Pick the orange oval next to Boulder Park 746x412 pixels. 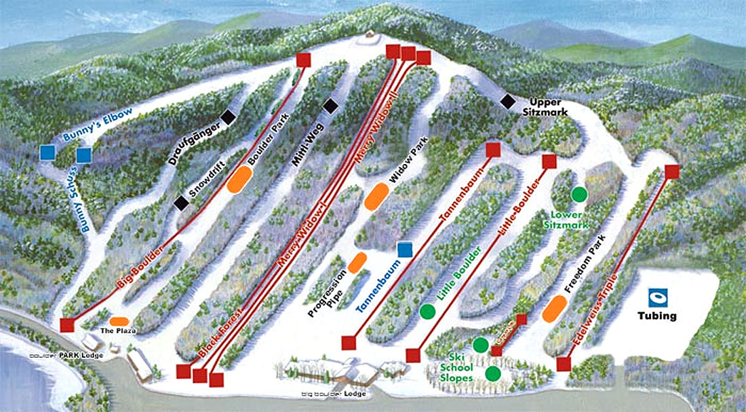240,179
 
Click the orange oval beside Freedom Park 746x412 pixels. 555,309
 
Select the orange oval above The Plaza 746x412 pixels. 120,321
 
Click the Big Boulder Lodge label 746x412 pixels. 336,394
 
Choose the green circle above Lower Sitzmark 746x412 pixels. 578,194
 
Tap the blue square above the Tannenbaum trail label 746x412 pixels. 405,250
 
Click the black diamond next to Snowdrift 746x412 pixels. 180,203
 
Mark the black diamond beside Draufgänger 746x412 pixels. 229,117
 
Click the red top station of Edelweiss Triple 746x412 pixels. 671,171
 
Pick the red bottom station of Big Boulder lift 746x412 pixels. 66,325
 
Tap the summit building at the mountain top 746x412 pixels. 368,35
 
